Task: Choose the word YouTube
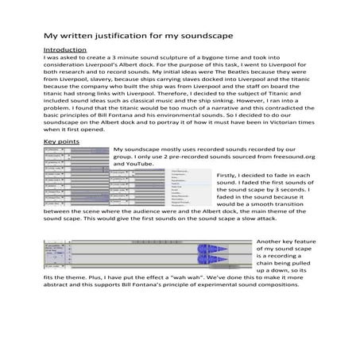coord(142,165)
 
